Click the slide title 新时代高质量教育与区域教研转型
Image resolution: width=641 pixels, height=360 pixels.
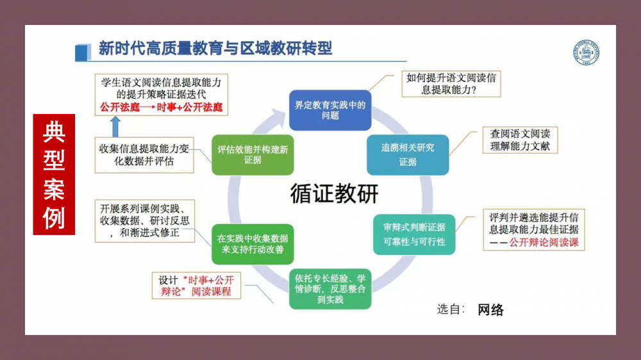tap(215, 48)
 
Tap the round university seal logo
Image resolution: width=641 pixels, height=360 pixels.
tap(586, 52)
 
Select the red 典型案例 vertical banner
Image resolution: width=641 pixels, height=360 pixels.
tap(54, 174)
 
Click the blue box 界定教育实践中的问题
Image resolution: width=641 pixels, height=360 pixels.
tap(330, 110)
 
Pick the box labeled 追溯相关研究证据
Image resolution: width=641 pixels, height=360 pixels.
tap(408, 155)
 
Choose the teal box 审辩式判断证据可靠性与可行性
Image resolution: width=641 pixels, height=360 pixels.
tap(414, 234)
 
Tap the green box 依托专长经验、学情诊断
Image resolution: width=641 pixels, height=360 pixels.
tap(330, 289)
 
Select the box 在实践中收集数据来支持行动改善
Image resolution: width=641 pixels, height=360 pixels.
tap(253, 244)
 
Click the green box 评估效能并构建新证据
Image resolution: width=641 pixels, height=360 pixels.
tap(253, 155)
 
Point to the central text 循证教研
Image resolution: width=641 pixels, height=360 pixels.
tap(334, 193)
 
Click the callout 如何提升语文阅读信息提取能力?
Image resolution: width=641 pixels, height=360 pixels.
tap(451, 84)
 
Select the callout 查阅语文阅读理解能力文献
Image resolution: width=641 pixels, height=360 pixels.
tap(520, 140)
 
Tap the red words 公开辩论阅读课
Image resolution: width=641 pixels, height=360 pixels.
tap(544, 242)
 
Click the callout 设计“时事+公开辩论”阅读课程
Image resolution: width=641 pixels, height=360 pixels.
tap(196, 286)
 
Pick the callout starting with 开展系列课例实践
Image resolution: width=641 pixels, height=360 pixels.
tap(145, 221)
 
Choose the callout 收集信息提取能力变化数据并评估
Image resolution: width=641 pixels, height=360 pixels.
tap(144, 155)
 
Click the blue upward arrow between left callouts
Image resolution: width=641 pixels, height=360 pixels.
tap(115, 127)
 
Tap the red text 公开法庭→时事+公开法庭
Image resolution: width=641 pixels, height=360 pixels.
tap(161, 108)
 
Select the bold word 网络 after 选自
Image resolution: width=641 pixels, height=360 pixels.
tap(490, 310)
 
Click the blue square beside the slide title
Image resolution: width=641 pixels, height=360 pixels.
tap(83, 53)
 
